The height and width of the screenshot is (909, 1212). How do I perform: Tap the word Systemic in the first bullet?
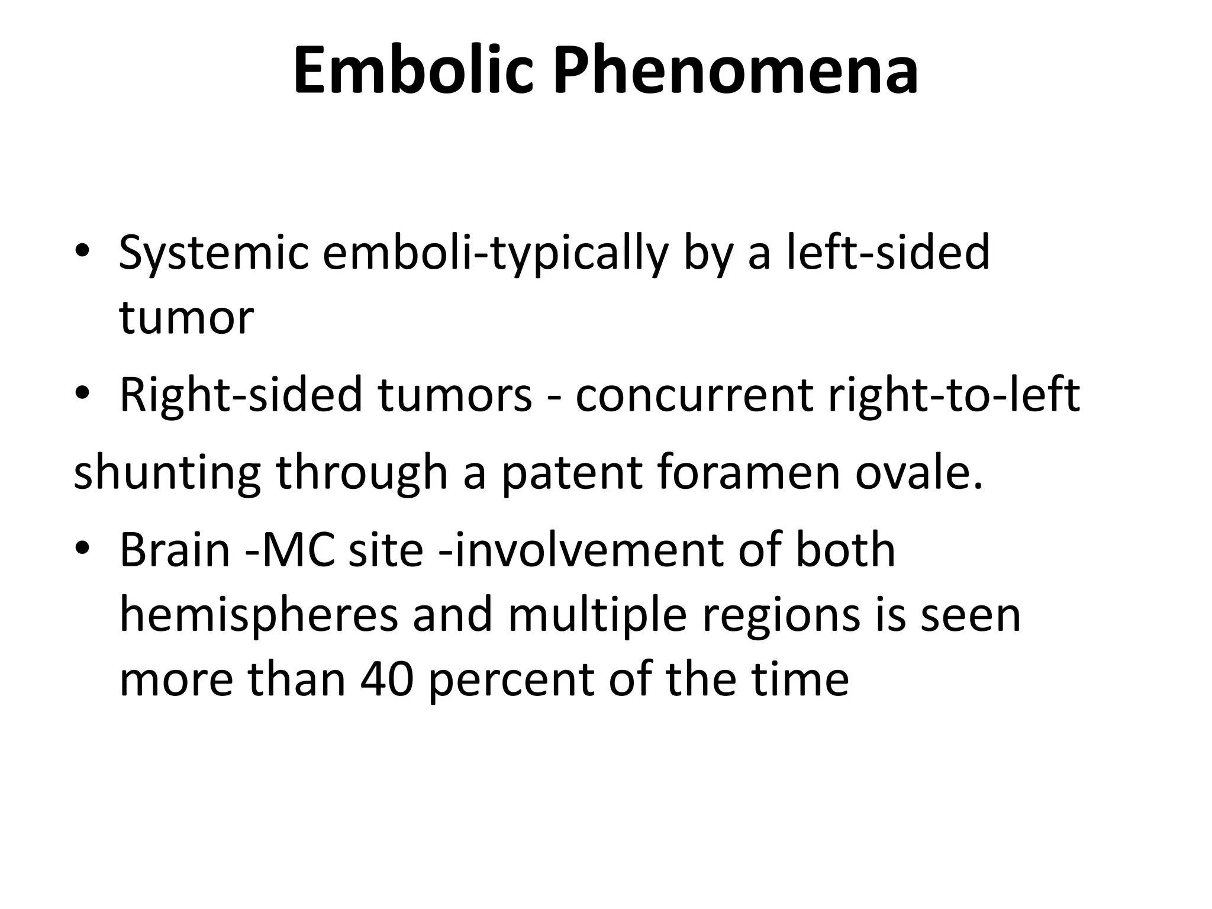[214, 253]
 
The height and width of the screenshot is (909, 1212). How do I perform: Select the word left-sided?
[887, 252]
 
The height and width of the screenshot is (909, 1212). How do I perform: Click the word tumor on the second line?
[186, 318]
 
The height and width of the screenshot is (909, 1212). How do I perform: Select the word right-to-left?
[953, 396]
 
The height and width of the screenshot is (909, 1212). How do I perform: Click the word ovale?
[918, 473]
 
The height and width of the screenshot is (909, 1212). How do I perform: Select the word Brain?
[175, 550]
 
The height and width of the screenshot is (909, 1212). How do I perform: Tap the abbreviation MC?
[296, 550]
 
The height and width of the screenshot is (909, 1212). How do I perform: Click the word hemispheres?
[259, 615]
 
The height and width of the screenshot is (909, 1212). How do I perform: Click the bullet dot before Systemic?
[82, 253]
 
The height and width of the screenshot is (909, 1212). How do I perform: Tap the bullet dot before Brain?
[82, 550]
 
